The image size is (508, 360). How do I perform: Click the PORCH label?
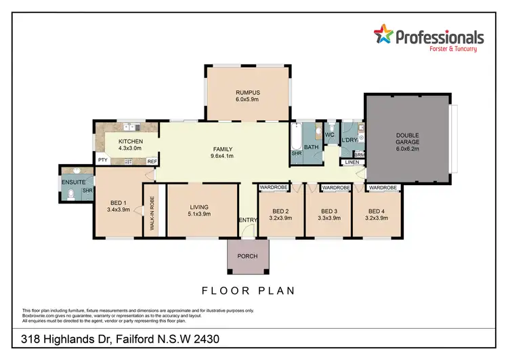[x=247, y=256]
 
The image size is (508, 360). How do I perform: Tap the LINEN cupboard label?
[x=352, y=163]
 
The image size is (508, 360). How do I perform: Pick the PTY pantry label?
[x=103, y=161]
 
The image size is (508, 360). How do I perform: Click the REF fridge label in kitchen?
[x=152, y=161]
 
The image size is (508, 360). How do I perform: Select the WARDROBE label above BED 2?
[x=274, y=187]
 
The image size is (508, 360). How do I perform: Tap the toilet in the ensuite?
[x=72, y=196]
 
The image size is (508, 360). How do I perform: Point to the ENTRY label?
[x=247, y=220]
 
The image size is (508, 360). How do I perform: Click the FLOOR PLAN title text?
[x=248, y=290]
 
